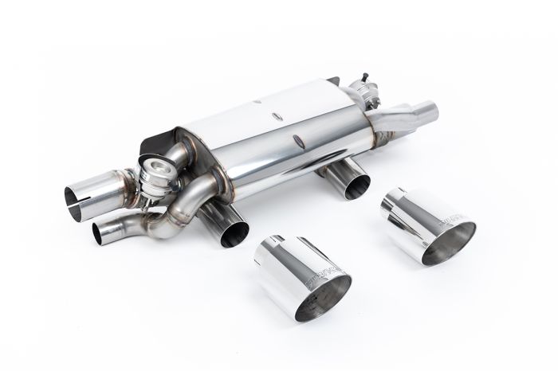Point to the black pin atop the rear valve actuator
[352, 77]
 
